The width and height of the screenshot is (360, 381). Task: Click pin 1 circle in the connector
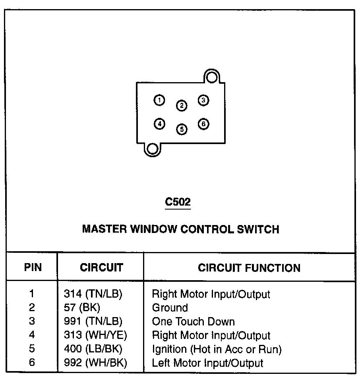coord(159,100)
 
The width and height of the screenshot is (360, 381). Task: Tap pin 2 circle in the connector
coord(181,106)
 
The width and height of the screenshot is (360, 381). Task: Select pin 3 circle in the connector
coord(203,100)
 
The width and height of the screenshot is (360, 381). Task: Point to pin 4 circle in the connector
coord(159,124)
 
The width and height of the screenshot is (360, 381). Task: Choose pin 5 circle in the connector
coord(181,129)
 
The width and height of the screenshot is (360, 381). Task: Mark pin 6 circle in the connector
coord(203,124)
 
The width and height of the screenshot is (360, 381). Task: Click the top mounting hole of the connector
coord(212,77)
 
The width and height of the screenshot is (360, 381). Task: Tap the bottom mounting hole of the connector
coord(152,149)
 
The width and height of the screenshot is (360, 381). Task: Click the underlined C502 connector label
coord(178,202)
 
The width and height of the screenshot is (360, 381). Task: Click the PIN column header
coord(33,267)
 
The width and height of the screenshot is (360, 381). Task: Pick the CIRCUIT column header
coord(101,267)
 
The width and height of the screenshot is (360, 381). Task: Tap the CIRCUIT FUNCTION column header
coord(249,267)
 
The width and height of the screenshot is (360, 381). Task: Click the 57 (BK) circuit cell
coord(82,308)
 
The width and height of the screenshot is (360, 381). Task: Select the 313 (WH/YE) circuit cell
coord(95,335)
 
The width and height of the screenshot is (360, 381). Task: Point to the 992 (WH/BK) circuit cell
coord(95,363)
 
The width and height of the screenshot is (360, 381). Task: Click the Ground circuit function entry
coord(170,308)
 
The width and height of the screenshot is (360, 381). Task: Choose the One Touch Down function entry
coord(194,321)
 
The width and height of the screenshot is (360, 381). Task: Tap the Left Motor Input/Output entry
coord(207,363)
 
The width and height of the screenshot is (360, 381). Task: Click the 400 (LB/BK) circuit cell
coord(93,349)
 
